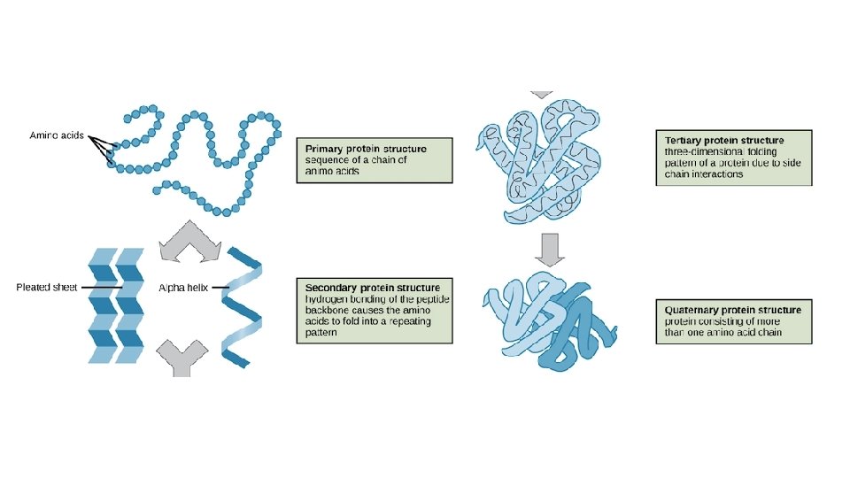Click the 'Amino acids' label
[57, 135]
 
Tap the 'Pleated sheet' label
[47, 287]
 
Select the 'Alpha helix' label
[184, 287]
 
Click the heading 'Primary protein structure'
[365, 149]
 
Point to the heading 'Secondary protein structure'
[372, 288]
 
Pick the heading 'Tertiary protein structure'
[724, 141]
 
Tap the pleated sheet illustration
[116, 305]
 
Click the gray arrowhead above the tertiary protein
[540, 93]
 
